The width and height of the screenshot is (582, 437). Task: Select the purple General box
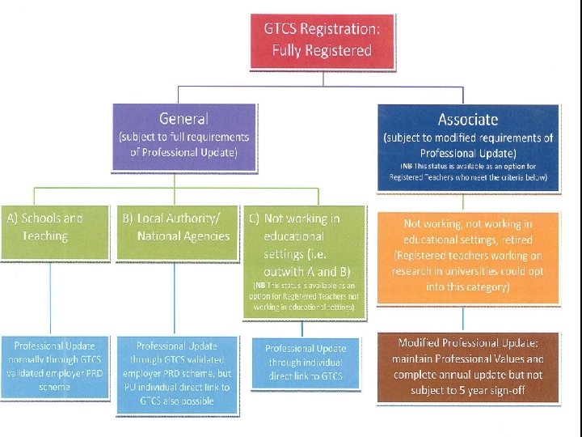(x=183, y=137)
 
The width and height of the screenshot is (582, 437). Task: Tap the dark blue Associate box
(x=468, y=146)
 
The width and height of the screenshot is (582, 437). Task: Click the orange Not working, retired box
(x=468, y=257)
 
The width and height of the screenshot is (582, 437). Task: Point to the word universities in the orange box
(x=482, y=270)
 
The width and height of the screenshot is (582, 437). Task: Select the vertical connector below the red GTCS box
(x=323, y=78)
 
